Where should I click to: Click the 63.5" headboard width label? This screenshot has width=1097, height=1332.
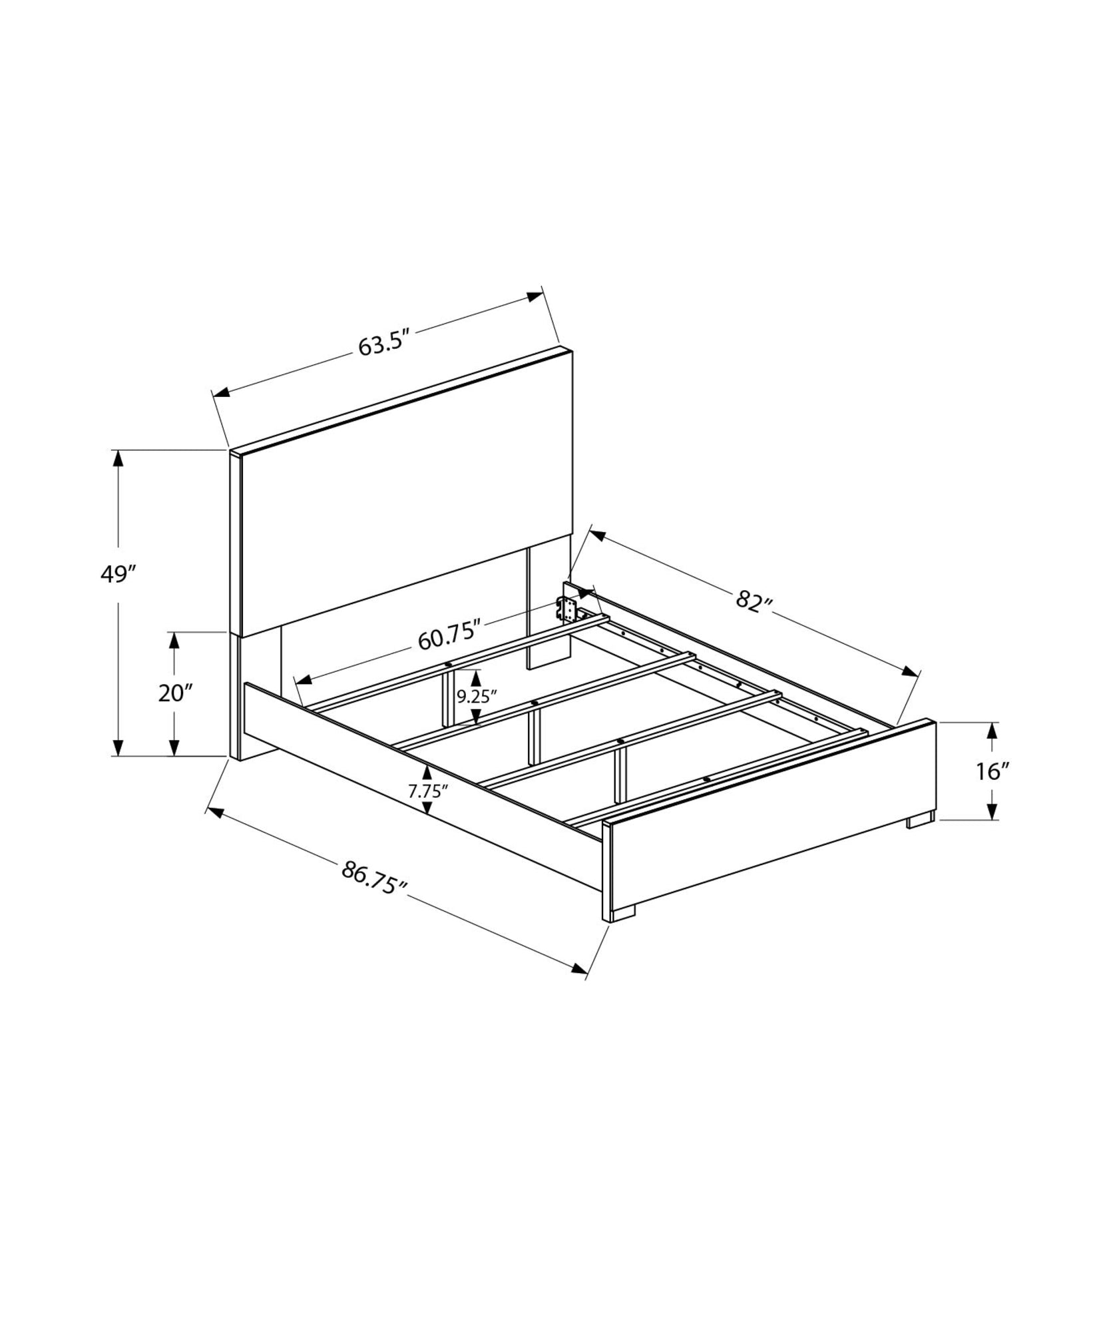(x=382, y=345)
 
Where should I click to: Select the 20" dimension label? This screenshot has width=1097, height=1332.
(x=175, y=693)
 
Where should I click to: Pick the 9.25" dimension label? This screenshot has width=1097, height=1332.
(x=476, y=697)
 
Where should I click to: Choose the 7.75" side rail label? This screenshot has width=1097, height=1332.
(x=427, y=791)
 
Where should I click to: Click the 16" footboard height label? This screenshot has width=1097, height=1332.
(x=992, y=772)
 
